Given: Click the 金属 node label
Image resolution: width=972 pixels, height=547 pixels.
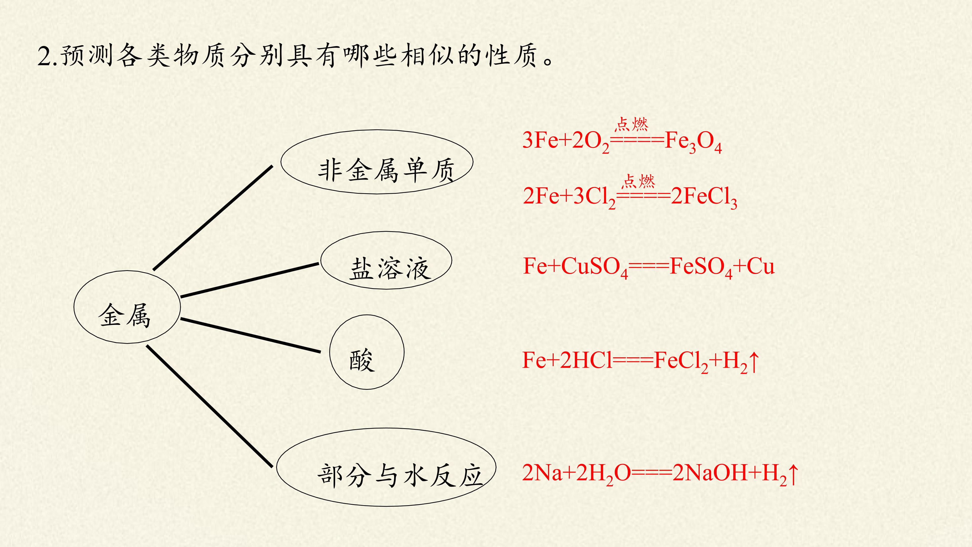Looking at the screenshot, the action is [x=125, y=316].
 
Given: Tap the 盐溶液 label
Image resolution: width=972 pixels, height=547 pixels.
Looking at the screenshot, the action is [x=391, y=269].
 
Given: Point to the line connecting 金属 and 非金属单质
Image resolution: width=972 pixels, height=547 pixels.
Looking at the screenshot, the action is [x=213, y=218].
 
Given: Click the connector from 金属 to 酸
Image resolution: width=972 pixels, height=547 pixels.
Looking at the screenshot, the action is [x=251, y=336].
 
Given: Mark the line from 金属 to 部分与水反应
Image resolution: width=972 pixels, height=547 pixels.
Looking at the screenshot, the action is [x=209, y=406].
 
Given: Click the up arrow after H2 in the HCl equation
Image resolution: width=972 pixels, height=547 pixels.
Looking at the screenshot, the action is [x=754, y=361].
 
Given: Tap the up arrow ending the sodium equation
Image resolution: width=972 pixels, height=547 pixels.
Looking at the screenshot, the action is [x=793, y=474].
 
